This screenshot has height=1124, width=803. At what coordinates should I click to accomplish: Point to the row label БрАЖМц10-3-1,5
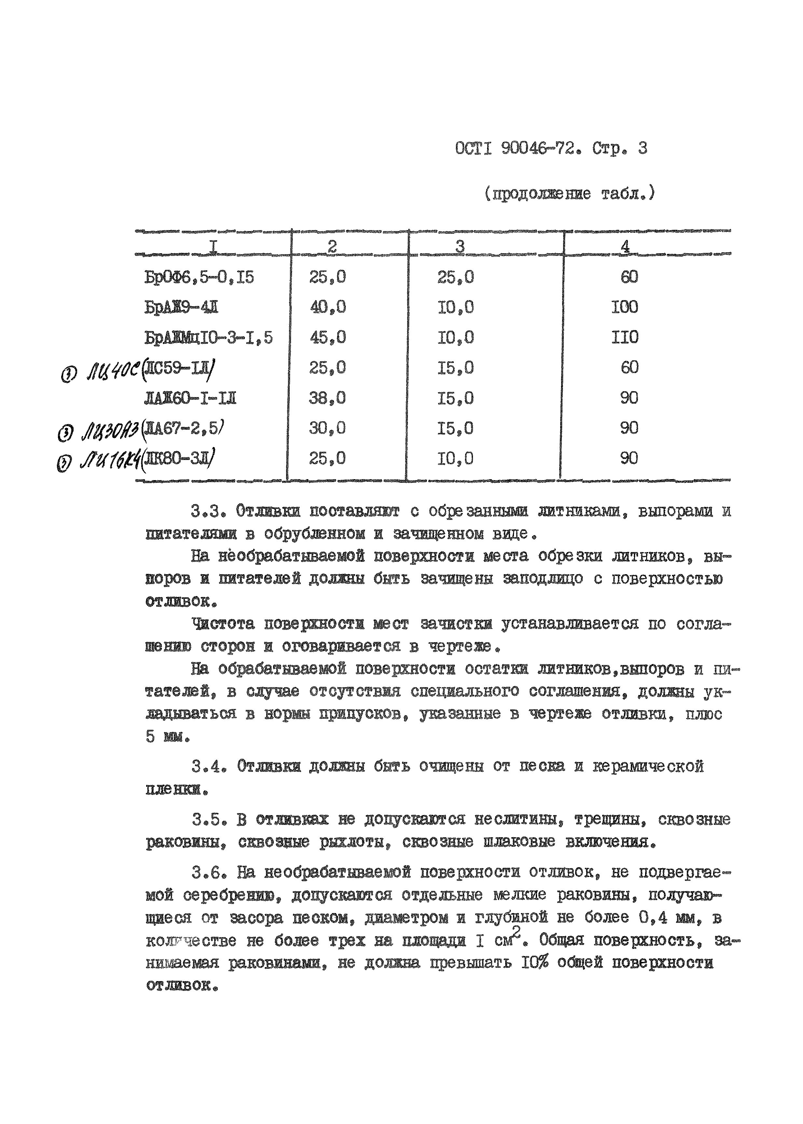(x=208, y=338)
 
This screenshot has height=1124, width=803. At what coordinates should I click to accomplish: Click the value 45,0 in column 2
(x=327, y=338)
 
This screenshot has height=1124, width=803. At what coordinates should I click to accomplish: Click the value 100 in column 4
(x=625, y=307)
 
